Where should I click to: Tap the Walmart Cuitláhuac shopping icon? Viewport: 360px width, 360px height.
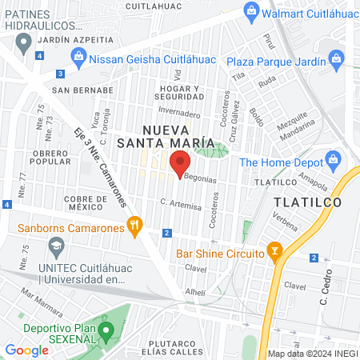tap(252, 11)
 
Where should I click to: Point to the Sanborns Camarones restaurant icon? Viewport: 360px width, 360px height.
tap(134, 227)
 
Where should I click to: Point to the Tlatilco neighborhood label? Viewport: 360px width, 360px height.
tap(306, 202)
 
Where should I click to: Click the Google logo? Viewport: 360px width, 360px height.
tap(26, 350)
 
